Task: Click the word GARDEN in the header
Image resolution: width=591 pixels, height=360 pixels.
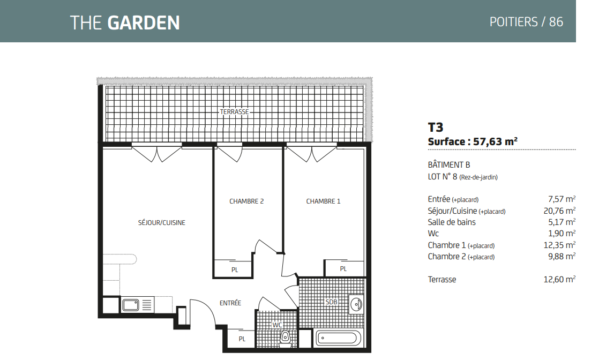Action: click(x=144, y=22)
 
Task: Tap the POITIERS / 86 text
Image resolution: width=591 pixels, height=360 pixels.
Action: click(x=526, y=22)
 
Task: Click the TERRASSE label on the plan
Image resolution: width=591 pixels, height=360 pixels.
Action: click(x=235, y=111)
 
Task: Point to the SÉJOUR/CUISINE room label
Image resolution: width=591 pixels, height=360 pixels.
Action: click(x=162, y=222)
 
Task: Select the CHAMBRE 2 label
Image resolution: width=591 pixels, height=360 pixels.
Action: click(x=246, y=201)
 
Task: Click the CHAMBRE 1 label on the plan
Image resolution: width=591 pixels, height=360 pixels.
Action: click(x=323, y=201)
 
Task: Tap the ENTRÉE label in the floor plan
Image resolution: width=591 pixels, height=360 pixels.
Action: click(x=230, y=303)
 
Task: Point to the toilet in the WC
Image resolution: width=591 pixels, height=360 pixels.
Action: click(x=286, y=337)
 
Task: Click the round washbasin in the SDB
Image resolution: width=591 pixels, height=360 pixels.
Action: click(x=356, y=304)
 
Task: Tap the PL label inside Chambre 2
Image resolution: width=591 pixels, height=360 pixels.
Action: click(x=235, y=270)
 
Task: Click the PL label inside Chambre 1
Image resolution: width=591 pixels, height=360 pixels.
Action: click(x=343, y=269)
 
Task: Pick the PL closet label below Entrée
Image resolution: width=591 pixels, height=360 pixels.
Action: click(x=242, y=339)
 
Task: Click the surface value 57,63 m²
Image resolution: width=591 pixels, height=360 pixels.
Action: click(x=495, y=141)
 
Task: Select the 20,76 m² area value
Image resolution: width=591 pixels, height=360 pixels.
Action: click(x=559, y=211)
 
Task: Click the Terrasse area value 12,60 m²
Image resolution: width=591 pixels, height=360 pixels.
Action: click(x=559, y=279)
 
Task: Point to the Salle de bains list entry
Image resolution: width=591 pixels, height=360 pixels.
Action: click(x=452, y=222)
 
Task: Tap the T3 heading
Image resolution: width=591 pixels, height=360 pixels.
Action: click(x=435, y=127)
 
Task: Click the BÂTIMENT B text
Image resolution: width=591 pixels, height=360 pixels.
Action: click(x=449, y=165)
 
